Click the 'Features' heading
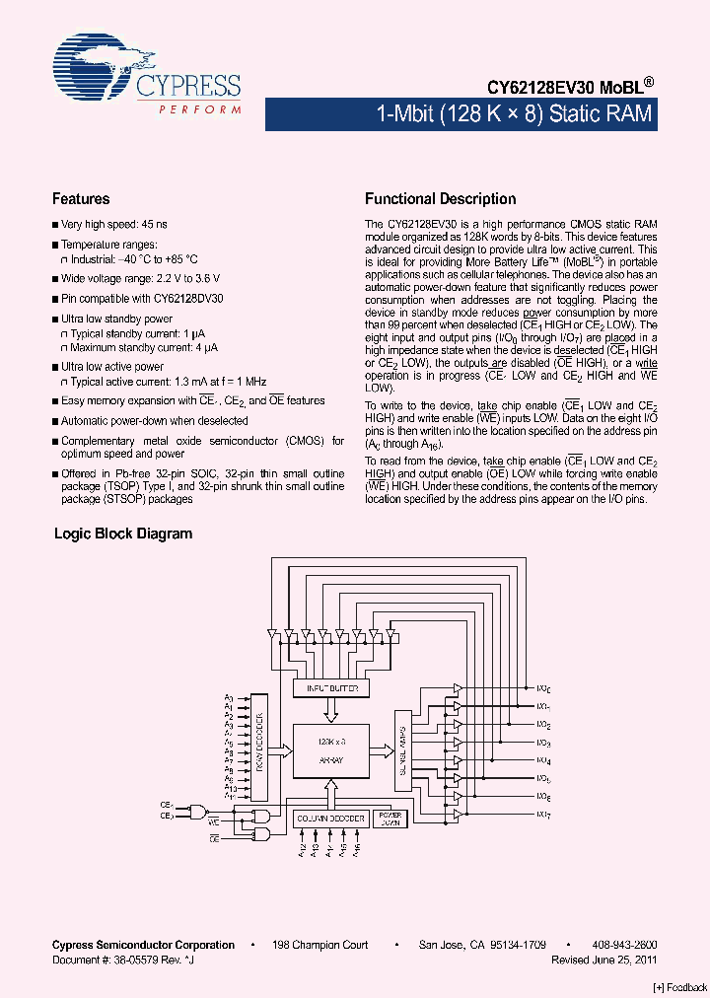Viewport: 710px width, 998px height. click(81, 199)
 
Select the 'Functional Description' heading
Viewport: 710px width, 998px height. click(440, 199)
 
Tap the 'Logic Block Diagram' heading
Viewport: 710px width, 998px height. click(122, 534)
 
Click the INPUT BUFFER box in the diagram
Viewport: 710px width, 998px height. click(332, 687)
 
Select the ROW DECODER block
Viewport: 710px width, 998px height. click(259, 747)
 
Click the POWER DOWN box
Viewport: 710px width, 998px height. click(390, 818)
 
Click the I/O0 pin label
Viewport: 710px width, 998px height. click(543, 688)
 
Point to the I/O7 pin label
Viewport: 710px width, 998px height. click(543, 814)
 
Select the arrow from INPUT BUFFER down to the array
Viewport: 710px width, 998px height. click(332, 710)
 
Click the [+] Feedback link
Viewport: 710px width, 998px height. click(680, 986)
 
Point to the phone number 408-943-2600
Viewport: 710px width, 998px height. click(625, 945)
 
